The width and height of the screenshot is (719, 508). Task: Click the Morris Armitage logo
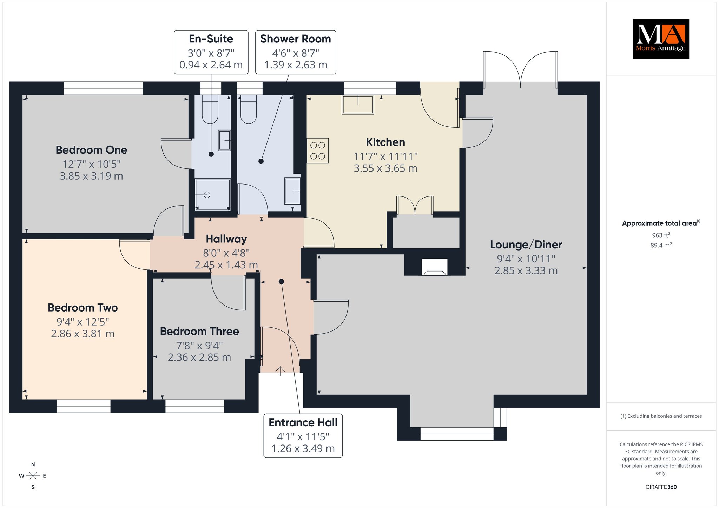pyautogui.click(x=661, y=39)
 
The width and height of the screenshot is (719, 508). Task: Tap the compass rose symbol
pyautogui.click(x=33, y=476)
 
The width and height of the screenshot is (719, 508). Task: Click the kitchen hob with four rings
pyautogui.click(x=318, y=151)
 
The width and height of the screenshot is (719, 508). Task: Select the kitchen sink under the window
pyautogui.click(x=358, y=105)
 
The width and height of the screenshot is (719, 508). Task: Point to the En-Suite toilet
pyautogui.click(x=210, y=109)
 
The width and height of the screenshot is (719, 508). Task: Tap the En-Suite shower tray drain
pyautogui.click(x=207, y=195)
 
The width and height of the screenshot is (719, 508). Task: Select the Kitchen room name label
pyautogui.click(x=385, y=142)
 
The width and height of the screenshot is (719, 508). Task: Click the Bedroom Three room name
pyautogui.click(x=199, y=331)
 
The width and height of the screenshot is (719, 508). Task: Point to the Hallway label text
pyautogui.click(x=226, y=239)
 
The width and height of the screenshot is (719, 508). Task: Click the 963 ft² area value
pyautogui.click(x=661, y=235)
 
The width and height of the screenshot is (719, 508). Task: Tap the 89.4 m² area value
pyautogui.click(x=661, y=245)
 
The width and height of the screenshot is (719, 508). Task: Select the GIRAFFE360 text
pyautogui.click(x=661, y=487)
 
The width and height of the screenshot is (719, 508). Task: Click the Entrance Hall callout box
pyautogui.click(x=303, y=436)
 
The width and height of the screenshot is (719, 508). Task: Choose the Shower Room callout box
pyautogui.click(x=296, y=52)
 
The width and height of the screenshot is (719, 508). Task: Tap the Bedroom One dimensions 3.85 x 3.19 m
pyautogui.click(x=91, y=176)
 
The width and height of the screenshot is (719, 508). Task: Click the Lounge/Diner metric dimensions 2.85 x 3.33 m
pyautogui.click(x=526, y=270)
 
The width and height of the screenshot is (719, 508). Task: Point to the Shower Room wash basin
pyautogui.click(x=292, y=191)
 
